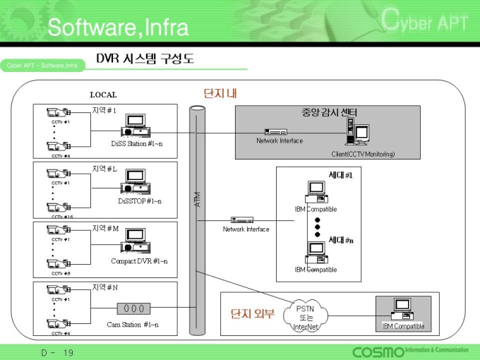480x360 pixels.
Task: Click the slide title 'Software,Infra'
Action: (118, 28)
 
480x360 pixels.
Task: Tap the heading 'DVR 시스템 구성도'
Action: (145, 59)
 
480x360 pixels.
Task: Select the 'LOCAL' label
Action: (103, 95)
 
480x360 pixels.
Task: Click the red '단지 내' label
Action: (220, 93)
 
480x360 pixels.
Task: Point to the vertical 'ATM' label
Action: (198, 199)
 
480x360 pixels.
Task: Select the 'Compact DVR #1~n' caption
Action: (139, 261)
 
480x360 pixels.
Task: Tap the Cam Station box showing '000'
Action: (134, 308)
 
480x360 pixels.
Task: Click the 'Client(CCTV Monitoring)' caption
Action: (363, 154)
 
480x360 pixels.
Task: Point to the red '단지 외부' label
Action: (252, 313)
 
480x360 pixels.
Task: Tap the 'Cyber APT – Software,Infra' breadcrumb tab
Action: (42, 66)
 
